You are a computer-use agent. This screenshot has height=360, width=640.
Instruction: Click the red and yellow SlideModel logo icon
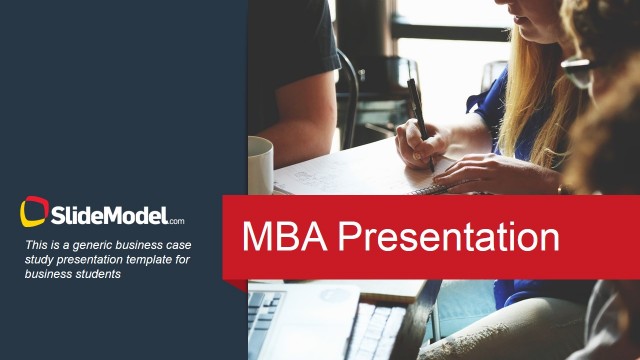[x=34, y=212]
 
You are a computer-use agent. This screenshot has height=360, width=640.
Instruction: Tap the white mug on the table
[x=260, y=165]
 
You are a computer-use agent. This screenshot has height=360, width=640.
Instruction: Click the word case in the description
[x=179, y=245]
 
